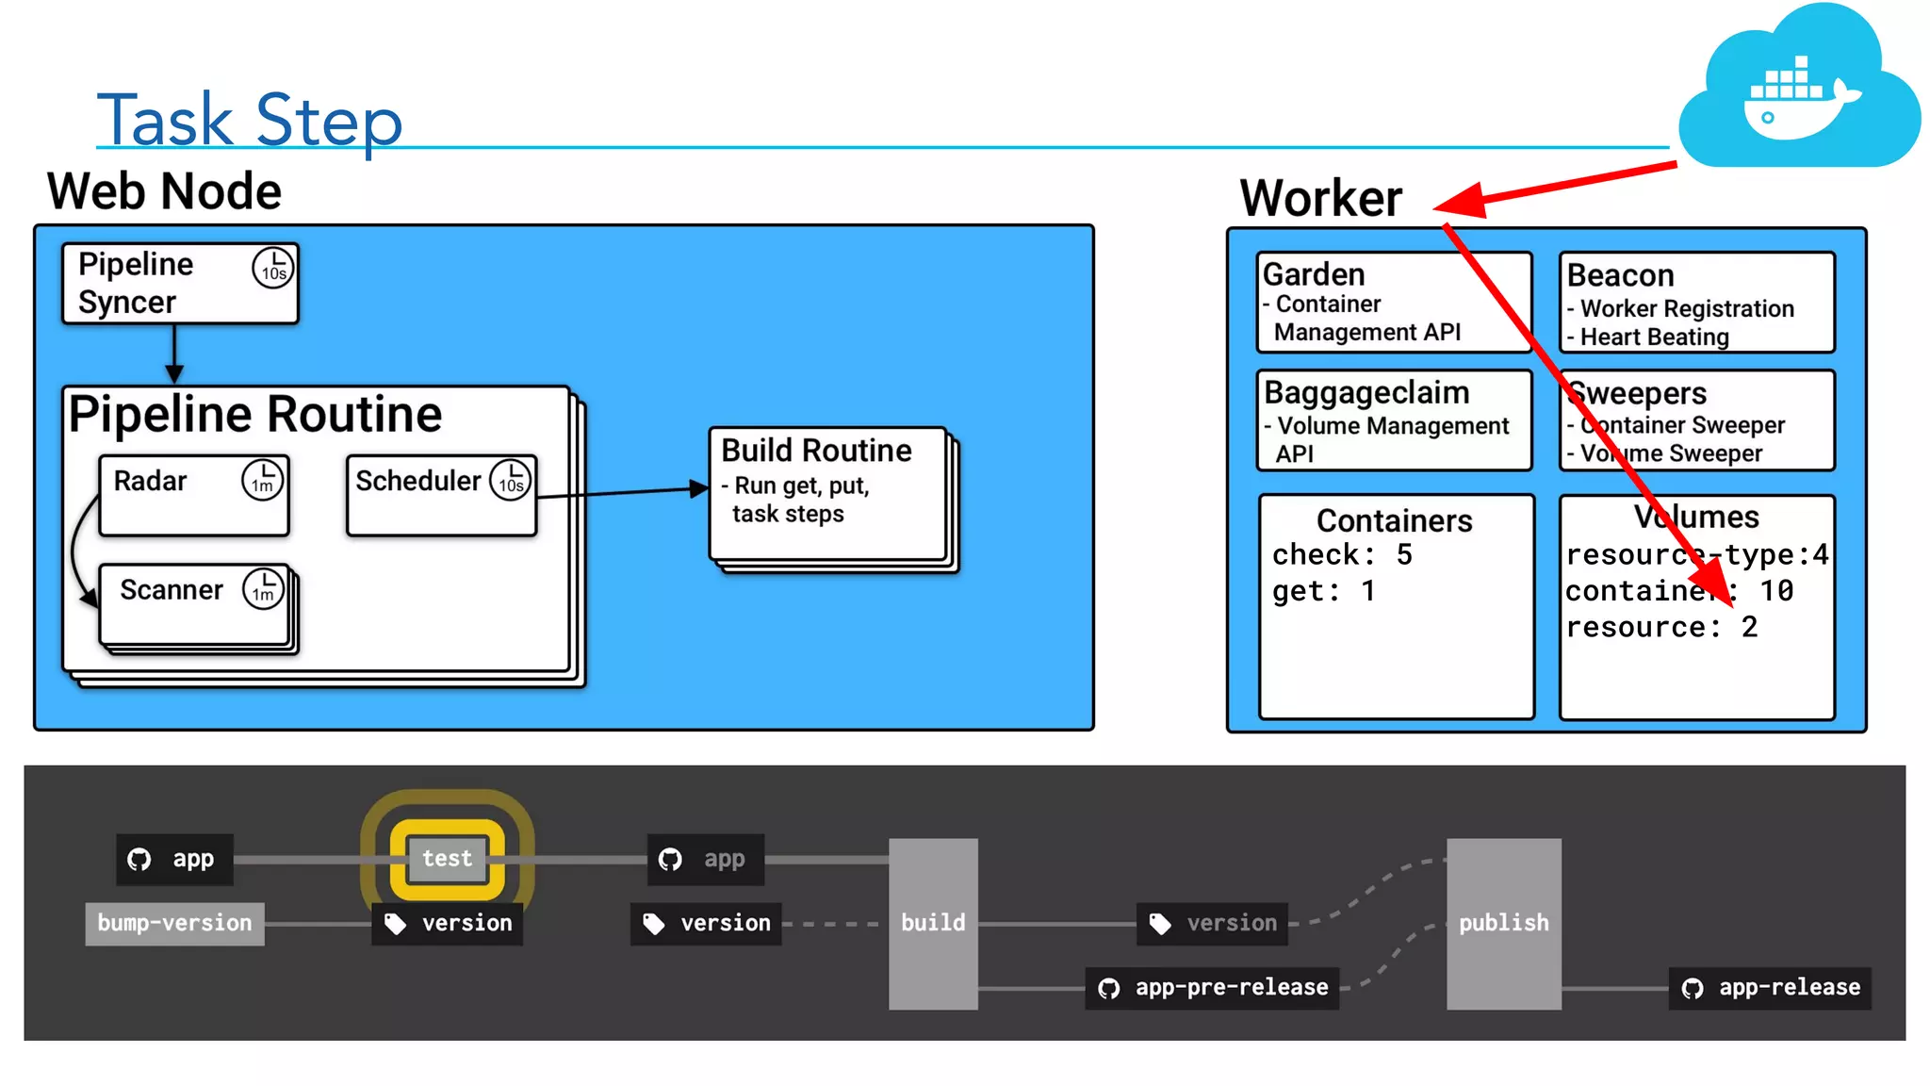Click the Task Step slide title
(x=250, y=120)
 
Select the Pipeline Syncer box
(x=179, y=284)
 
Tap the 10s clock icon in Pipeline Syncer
(x=273, y=268)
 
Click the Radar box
(x=193, y=496)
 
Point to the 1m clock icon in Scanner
(x=263, y=589)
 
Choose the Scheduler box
(x=441, y=496)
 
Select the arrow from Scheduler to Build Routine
(x=622, y=492)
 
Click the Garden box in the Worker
(x=1393, y=302)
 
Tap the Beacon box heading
(x=1621, y=275)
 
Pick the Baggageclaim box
(x=1393, y=420)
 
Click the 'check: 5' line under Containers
(x=1342, y=555)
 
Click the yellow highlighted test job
(x=448, y=859)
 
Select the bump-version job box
(x=174, y=923)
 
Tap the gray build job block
(x=933, y=923)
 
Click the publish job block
(x=1503, y=923)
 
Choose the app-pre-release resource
(x=1213, y=988)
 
